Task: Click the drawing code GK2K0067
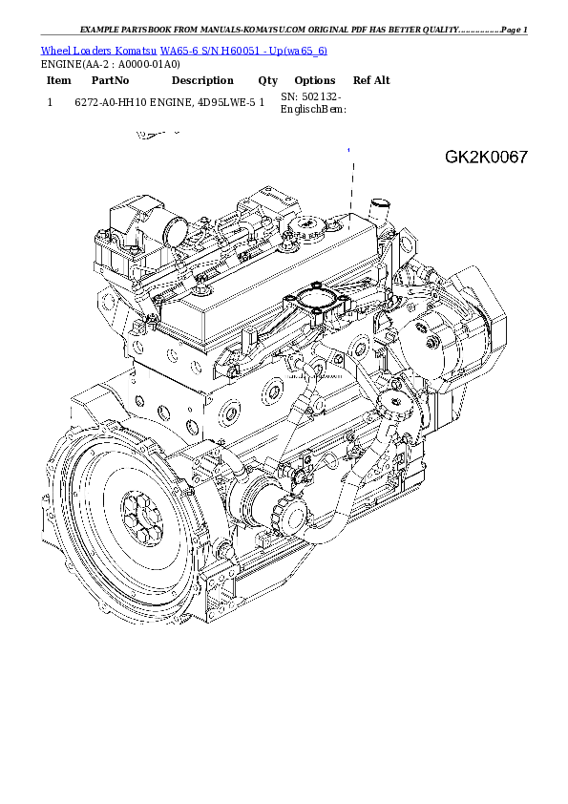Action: tap(486, 157)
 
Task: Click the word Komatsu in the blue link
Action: tap(137, 50)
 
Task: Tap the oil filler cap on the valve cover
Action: tap(311, 228)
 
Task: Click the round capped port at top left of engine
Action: tap(177, 229)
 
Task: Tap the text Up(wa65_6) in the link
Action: tap(300, 50)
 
